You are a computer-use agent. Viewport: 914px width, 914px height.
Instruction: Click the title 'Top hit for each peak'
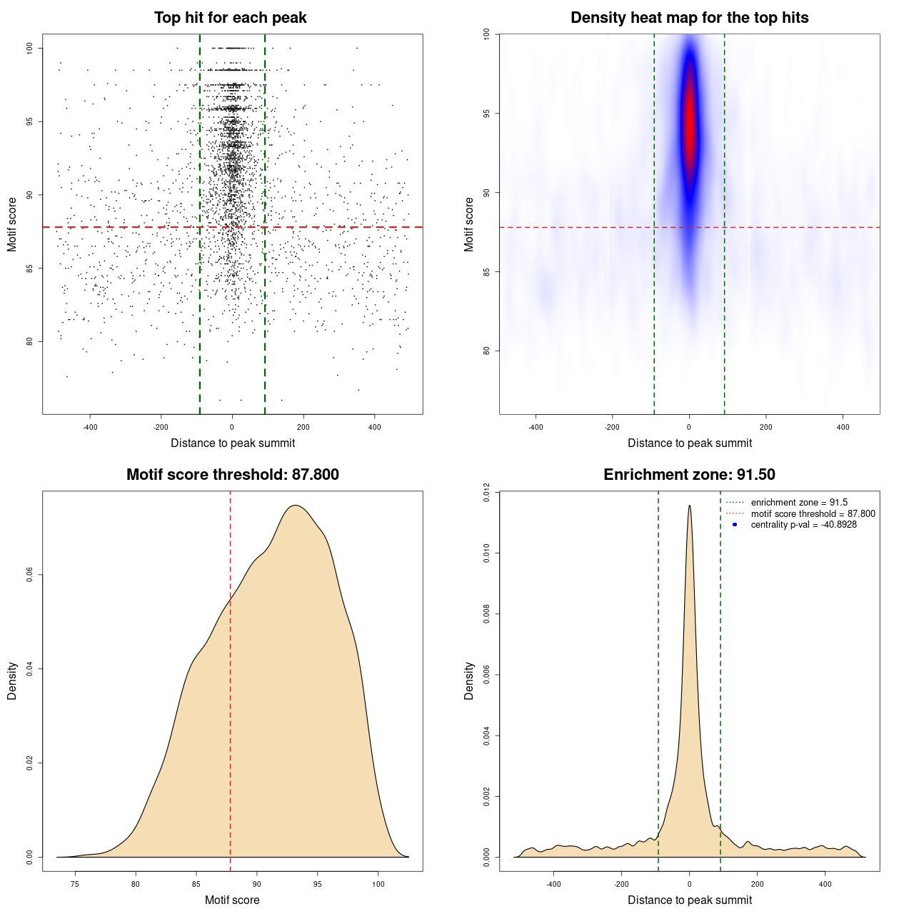click(x=230, y=18)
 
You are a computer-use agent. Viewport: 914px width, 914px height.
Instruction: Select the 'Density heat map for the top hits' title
click(x=689, y=18)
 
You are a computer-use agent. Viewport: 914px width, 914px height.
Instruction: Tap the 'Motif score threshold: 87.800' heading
click(x=232, y=475)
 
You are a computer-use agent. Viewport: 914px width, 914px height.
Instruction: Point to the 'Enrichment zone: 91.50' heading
click(x=689, y=475)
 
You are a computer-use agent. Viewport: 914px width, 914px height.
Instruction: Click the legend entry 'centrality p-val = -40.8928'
click(x=803, y=525)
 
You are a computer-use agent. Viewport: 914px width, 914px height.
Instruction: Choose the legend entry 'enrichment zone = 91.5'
click(x=799, y=503)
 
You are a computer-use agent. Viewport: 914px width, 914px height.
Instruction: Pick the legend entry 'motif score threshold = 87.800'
click(x=813, y=514)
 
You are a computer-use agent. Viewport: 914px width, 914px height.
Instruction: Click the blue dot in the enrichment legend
click(x=735, y=525)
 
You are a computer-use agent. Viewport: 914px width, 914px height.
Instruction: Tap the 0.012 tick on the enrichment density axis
click(x=487, y=493)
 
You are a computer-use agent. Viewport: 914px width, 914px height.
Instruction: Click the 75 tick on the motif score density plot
click(x=75, y=884)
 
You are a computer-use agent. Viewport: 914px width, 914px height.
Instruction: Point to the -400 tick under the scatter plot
click(x=90, y=427)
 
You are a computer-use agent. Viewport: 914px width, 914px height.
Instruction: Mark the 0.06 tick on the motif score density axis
click(x=30, y=575)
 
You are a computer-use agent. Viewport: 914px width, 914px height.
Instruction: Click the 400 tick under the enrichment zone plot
click(x=825, y=884)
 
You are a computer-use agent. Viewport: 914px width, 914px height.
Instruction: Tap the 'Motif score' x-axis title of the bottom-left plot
click(x=232, y=900)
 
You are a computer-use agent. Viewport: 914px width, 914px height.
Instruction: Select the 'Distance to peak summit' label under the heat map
click(x=689, y=443)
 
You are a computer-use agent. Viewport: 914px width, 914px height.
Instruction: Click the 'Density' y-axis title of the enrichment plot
click(x=469, y=681)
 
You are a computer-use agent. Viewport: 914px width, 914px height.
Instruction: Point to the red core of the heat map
click(x=689, y=129)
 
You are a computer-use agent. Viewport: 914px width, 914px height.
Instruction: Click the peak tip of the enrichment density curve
click(x=689, y=506)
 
